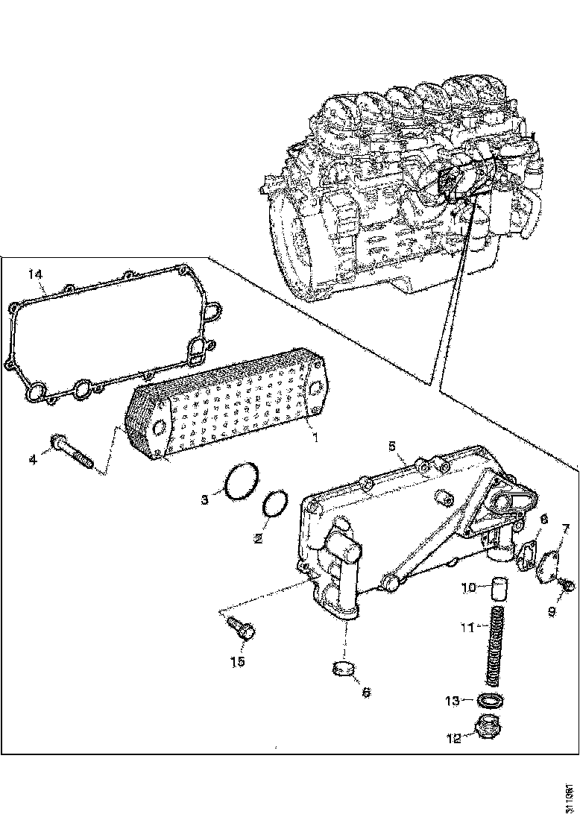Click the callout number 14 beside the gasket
point(34,274)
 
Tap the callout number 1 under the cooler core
point(315,438)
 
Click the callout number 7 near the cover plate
point(566,530)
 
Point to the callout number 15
point(238,660)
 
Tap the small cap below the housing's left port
point(344,669)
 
